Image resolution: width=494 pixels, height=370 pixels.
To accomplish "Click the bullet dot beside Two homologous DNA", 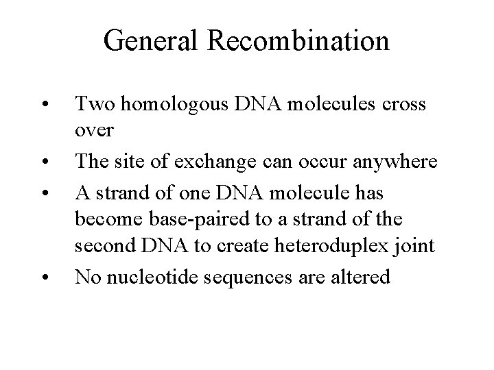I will (x=43, y=106).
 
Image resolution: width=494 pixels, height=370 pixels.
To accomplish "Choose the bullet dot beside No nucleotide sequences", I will (x=43, y=279).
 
